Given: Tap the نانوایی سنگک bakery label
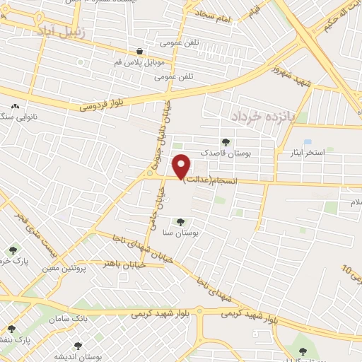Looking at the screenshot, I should [15, 115].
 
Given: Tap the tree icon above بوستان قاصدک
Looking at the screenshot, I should [226, 141].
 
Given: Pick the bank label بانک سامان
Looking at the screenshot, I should [90, 319].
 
